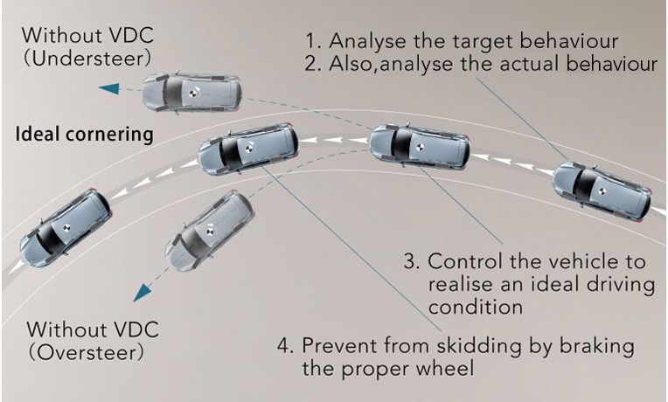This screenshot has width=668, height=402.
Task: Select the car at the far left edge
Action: [65, 229]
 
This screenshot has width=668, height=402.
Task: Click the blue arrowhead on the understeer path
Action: [110, 88]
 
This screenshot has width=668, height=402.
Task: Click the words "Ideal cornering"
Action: [86, 135]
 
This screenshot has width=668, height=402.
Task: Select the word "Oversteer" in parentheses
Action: [85, 354]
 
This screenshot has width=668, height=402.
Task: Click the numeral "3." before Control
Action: [413, 262]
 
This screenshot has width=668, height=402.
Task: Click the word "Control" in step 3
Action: [463, 262]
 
